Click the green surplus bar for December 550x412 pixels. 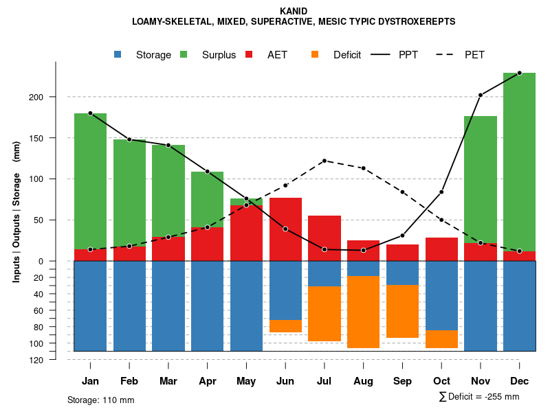click(519, 161)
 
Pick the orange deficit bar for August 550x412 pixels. click(363, 312)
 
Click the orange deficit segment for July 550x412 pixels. click(324, 314)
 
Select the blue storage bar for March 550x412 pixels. click(168, 306)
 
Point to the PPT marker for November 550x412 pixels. click(481, 95)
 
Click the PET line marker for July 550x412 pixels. click(324, 161)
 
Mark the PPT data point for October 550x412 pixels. click(441, 192)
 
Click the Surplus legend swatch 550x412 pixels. click(184, 55)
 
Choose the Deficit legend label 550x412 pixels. click(347, 55)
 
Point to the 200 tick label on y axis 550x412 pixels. click(37, 97)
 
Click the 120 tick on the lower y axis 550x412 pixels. click(37, 360)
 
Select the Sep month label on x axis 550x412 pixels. click(402, 381)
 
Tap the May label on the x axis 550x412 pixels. click(246, 381)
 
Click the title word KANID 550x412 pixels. click(294, 11)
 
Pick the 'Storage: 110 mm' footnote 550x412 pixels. click(101, 400)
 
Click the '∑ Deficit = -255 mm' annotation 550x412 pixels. click(479, 396)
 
